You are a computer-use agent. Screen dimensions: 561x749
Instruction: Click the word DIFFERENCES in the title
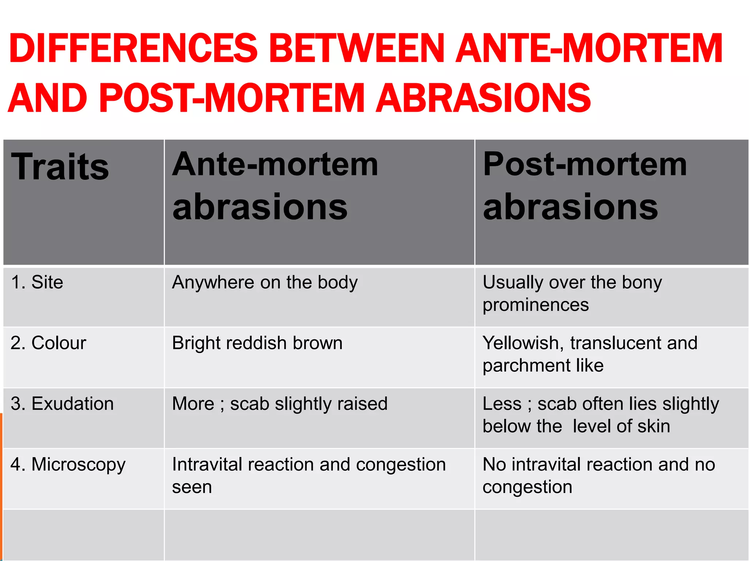click(133, 49)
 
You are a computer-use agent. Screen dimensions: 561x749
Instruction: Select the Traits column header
click(60, 167)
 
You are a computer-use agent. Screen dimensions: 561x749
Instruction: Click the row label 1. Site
click(37, 282)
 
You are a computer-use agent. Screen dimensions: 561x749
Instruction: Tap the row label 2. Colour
click(48, 343)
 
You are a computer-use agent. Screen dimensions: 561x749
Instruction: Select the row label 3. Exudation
click(62, 404)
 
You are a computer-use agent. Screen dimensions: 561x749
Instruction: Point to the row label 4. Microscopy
click(68, 465)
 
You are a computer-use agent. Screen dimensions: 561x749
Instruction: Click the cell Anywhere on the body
click(265, 282)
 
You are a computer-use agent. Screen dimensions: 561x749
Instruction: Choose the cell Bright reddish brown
click(257, 343)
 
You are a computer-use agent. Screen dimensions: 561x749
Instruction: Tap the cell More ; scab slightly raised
click(280, 404)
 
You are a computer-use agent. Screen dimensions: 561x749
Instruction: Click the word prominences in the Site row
click(536, 305)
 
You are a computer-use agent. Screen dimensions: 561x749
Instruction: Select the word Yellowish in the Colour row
click(521, 343)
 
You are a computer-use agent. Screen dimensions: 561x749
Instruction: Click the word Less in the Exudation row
click(502, 404)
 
